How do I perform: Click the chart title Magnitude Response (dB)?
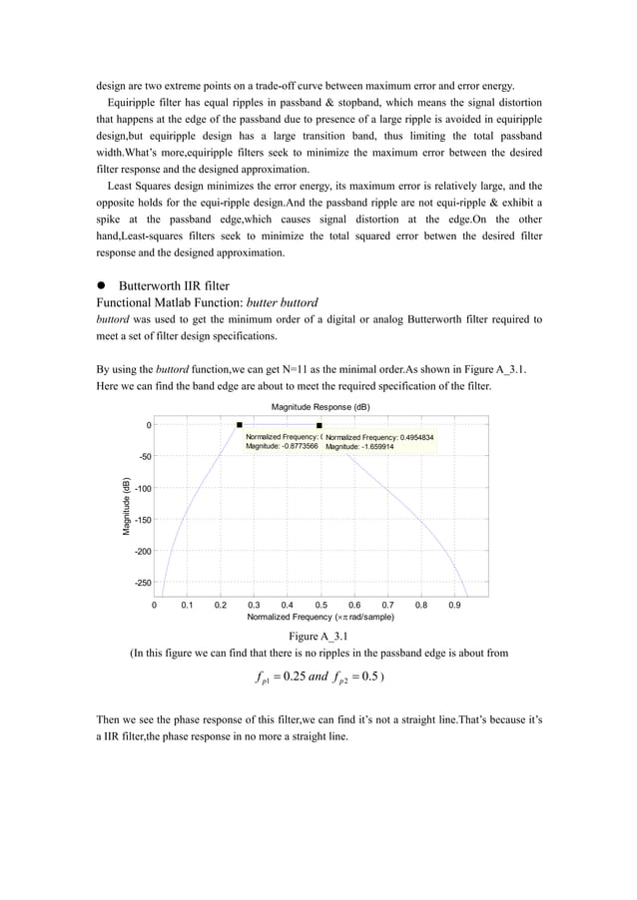320,407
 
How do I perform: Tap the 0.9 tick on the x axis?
454,605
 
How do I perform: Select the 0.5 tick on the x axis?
320,605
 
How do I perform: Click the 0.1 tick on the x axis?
187,605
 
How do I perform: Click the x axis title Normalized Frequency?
320,618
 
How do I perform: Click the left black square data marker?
240,425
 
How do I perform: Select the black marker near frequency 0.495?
319,426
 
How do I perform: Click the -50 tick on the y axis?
142,456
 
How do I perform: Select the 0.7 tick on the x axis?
387,605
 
